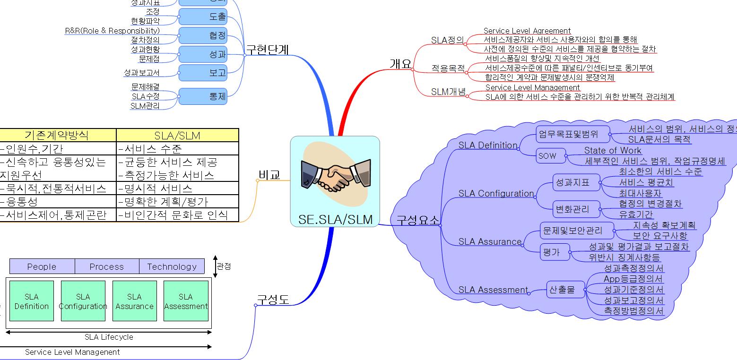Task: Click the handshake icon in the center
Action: click(x=335, y=175)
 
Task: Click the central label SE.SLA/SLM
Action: click(x=335, y=219)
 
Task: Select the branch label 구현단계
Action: click(x=268, y=50)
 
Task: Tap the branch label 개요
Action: click(x=400, y=64)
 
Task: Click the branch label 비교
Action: click(x=269, y=175)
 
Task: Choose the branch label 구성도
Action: click(x=272, y=300)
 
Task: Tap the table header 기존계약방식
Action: click(x=57, y=135)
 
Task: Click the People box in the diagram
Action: click(x=42, y=266)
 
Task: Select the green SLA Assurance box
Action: click(x=134, y=301)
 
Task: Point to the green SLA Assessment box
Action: click(x=186, y=301)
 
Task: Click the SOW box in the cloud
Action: click(x=547, y=156)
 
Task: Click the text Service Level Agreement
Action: click(x=527, y=31)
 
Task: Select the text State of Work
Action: click(x=613, y=150)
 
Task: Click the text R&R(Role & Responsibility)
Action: click(x=112, y=31)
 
